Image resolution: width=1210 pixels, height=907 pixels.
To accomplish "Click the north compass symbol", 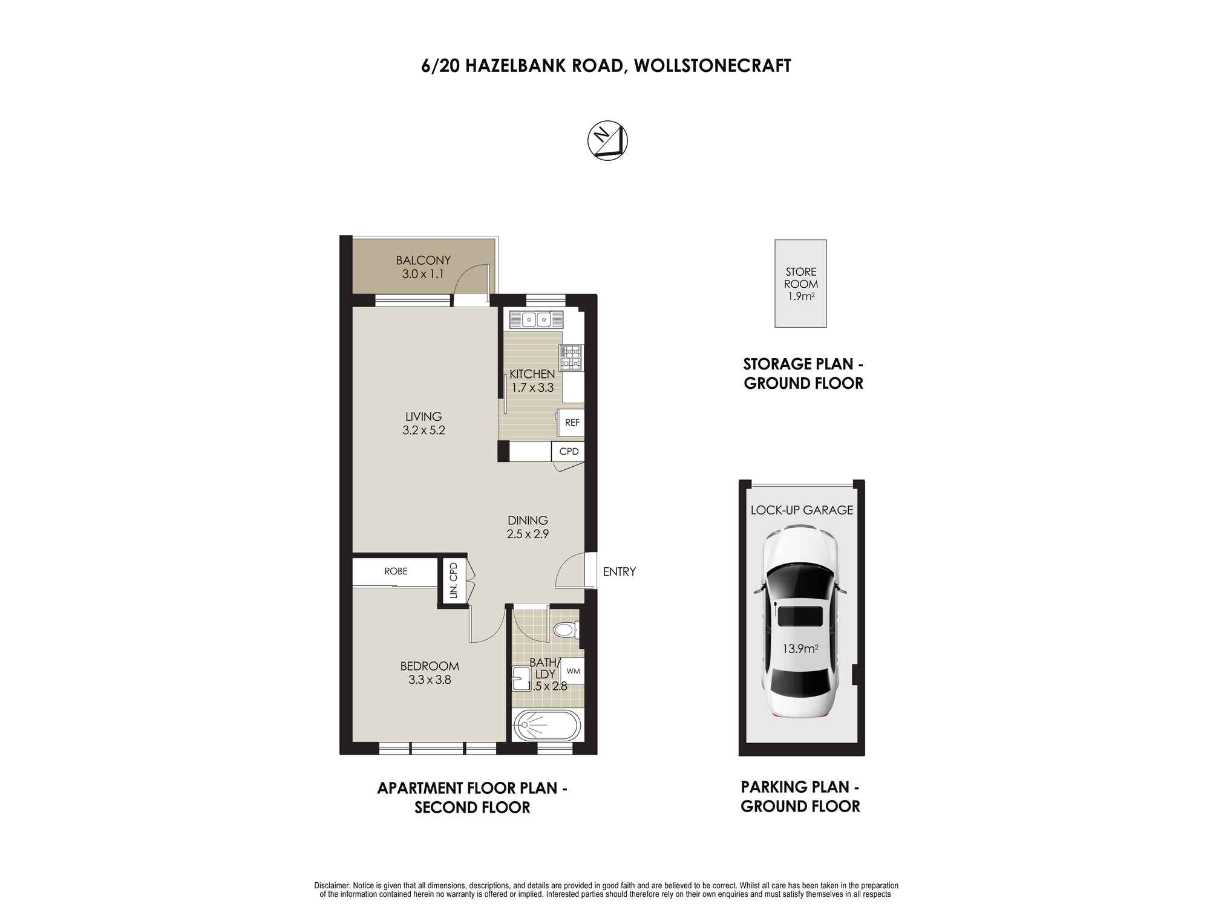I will pos(607,141).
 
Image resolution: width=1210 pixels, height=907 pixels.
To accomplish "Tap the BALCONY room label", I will pos(423,261).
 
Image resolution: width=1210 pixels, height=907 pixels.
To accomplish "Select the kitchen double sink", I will pos(536,319).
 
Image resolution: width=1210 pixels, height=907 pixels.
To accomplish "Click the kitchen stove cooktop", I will pos(571,357).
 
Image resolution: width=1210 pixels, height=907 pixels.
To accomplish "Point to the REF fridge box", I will pos(572,423).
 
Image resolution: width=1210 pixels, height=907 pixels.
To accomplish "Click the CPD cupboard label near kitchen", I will pos(569,452).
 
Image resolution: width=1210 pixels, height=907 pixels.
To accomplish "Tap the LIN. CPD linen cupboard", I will pos(453,581).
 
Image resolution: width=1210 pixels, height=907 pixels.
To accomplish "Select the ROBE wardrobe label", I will pos(396,571).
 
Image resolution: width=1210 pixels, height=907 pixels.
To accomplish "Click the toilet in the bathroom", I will pos(565,630).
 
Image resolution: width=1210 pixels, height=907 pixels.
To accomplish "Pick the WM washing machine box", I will pos(573,671).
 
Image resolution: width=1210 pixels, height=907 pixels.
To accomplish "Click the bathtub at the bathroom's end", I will pos(547,726).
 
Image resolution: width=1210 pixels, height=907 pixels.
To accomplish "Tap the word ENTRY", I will pos(619,571).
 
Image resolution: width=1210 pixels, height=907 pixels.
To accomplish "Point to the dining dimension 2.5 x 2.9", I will pos(528,535).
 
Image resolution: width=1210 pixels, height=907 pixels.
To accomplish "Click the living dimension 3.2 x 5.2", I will pos(423,431).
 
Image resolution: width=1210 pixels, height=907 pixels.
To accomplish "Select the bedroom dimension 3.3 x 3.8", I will pos(430,680).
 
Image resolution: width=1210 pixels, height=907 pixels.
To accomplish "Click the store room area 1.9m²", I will pos(801,296).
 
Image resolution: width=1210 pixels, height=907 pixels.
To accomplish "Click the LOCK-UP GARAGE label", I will pos(802,510).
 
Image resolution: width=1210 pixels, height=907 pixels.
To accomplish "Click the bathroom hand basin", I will pos(520,678).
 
